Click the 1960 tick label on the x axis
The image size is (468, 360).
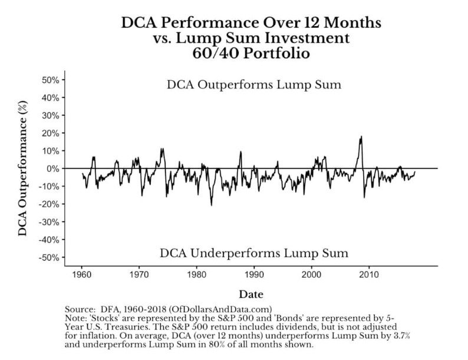pyautogui.click(x=81, y=274)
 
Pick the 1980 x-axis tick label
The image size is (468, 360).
pyautogui.click(x=196, y=274)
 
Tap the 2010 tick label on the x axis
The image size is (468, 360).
pyautogui.click(x=370, y=274)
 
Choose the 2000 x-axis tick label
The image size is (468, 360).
pyautogui.click(x=312, y=274)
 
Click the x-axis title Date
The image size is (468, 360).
pyautogui.click(x=251, y=293)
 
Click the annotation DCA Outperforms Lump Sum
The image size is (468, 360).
pyautogui.click(x=253, y=84)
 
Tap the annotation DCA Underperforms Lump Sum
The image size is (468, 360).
pyautogui.click(x=253, y=253)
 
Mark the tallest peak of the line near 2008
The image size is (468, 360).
pyautogui.click(x=361, y=137)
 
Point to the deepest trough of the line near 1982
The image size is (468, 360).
pyautogui.click(x=211, y=204)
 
